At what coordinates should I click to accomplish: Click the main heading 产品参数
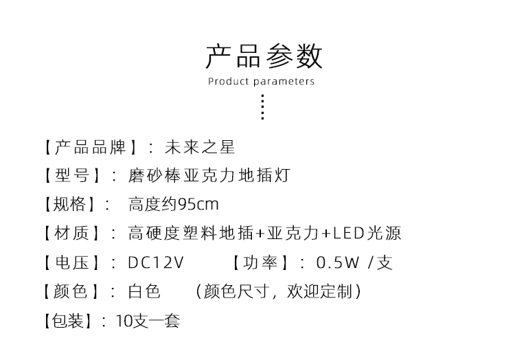click(x=264, y=56)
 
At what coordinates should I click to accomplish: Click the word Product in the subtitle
click(x=229, y=81)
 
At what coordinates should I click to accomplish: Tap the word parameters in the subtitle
click(x=284, y=82)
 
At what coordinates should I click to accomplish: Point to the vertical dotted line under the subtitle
click(x=262, y=107)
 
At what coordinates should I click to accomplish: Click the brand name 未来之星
click(x=200, y=147)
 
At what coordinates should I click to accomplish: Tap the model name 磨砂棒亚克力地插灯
click(x=209, y=175)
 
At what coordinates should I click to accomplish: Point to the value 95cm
click(x=198, y=204)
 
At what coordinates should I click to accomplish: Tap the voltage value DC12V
click(x=156, y=262)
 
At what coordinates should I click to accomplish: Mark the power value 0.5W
click(x=338, y=262)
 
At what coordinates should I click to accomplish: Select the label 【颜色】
click(x=71, y=291)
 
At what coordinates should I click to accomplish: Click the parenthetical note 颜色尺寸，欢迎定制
click(x=278, y=291)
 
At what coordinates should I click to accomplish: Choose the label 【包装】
click(x=68, y=321)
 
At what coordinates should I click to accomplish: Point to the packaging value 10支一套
click(x=148, y=321)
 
